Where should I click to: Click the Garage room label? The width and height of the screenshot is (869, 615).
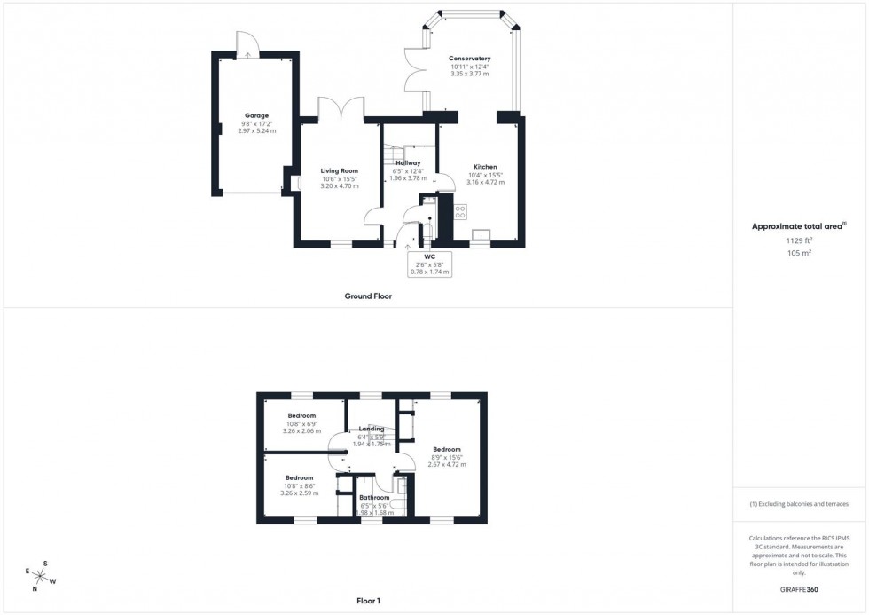257,115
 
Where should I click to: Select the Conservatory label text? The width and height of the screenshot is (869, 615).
469,59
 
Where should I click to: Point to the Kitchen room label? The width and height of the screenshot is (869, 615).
485,167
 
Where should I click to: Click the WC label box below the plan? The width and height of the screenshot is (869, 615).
430,264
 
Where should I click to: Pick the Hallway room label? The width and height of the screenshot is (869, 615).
408,163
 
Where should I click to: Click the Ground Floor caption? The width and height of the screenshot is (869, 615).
368,296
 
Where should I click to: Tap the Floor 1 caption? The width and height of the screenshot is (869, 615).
367,602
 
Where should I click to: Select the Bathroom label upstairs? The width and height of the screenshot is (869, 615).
375,498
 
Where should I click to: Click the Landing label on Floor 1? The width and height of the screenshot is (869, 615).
371,430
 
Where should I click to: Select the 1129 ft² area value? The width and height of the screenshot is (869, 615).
800,240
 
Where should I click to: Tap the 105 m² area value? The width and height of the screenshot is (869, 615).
800,253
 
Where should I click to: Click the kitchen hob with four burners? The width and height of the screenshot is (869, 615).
460,212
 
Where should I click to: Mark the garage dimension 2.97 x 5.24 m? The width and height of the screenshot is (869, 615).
257,131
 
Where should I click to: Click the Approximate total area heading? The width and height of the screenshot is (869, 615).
798,226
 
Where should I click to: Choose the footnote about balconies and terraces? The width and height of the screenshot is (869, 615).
799,504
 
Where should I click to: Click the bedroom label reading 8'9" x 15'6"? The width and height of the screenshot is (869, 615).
447,457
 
